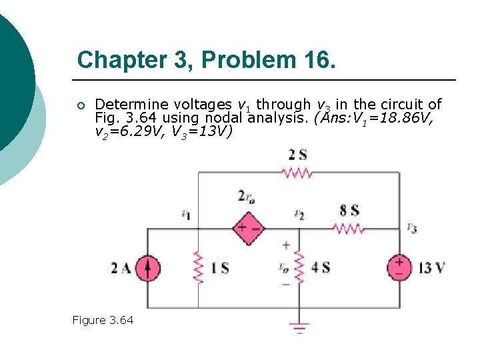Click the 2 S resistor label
tap(297, 155)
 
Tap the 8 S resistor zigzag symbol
tap(349, 229)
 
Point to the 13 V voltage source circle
tap(399, 268)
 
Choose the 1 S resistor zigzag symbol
tap(198, 267)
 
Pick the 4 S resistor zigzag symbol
tap(299, 267)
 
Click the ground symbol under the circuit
tap(299, 327)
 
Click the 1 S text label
tap(220, 268)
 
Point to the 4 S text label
tap(321, 268)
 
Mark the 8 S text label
tap(349, 211)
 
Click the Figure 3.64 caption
tap(103, 320)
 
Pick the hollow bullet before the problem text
tap(81, 105)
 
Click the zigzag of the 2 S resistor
tap(297, 173)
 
